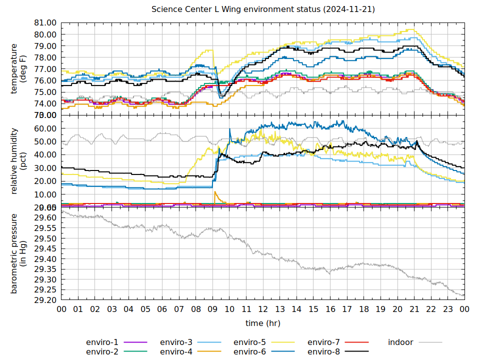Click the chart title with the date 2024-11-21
click(x=263, y=9)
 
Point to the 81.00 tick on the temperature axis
click(x=44, y=23)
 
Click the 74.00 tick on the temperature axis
click(x=44, y=103)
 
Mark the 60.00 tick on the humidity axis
click(x=44, y=128)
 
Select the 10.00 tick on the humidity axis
click(x=44, y=194)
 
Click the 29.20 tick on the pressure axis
click(x=44, y=300)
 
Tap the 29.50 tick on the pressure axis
click(x=44, y=238)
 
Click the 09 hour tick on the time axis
click(x=212, y=310)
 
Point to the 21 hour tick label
click(x=414, y=310)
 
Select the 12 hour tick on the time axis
click(x=263, y=310)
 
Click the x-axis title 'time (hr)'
click(x=263, y=323)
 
